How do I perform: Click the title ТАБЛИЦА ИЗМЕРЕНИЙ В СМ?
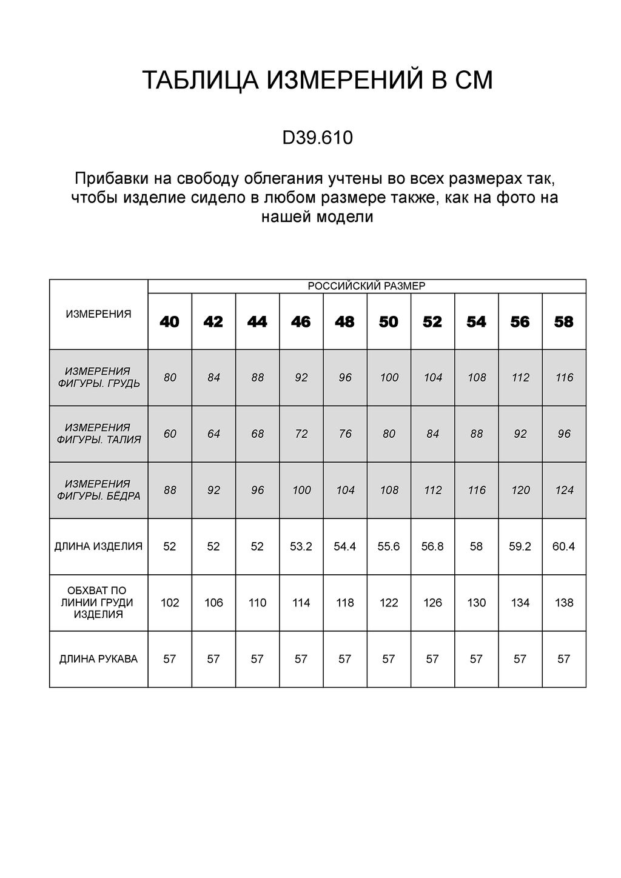[x=317, y=81]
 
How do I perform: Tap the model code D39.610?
[x=317, y=138]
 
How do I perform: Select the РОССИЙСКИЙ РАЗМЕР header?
[x=366, y=286]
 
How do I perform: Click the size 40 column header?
[x=170, y=322]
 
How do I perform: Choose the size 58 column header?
[x=564, y=322]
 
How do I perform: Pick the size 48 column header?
[x=344, y=322]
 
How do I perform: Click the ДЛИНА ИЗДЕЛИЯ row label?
[x=98, y=546]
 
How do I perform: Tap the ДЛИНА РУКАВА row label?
[x=98, y=659]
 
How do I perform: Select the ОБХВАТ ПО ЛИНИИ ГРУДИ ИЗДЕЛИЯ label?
[x=98, y=603]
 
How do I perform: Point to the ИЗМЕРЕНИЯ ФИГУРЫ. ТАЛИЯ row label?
[x=98, y=434]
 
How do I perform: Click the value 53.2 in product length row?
[x=301, y=546]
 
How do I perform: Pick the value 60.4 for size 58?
[x=563, y=546]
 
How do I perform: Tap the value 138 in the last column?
[x=564, y=603]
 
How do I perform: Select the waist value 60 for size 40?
[x=170, y=434]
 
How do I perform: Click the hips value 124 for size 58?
[x=564, y=490]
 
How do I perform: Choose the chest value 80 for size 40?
[x=170, y=377]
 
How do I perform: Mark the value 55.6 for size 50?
[x=388, y=546]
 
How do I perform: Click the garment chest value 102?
[x=170, y=603]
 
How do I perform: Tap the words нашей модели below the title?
[x=317, y=216]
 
